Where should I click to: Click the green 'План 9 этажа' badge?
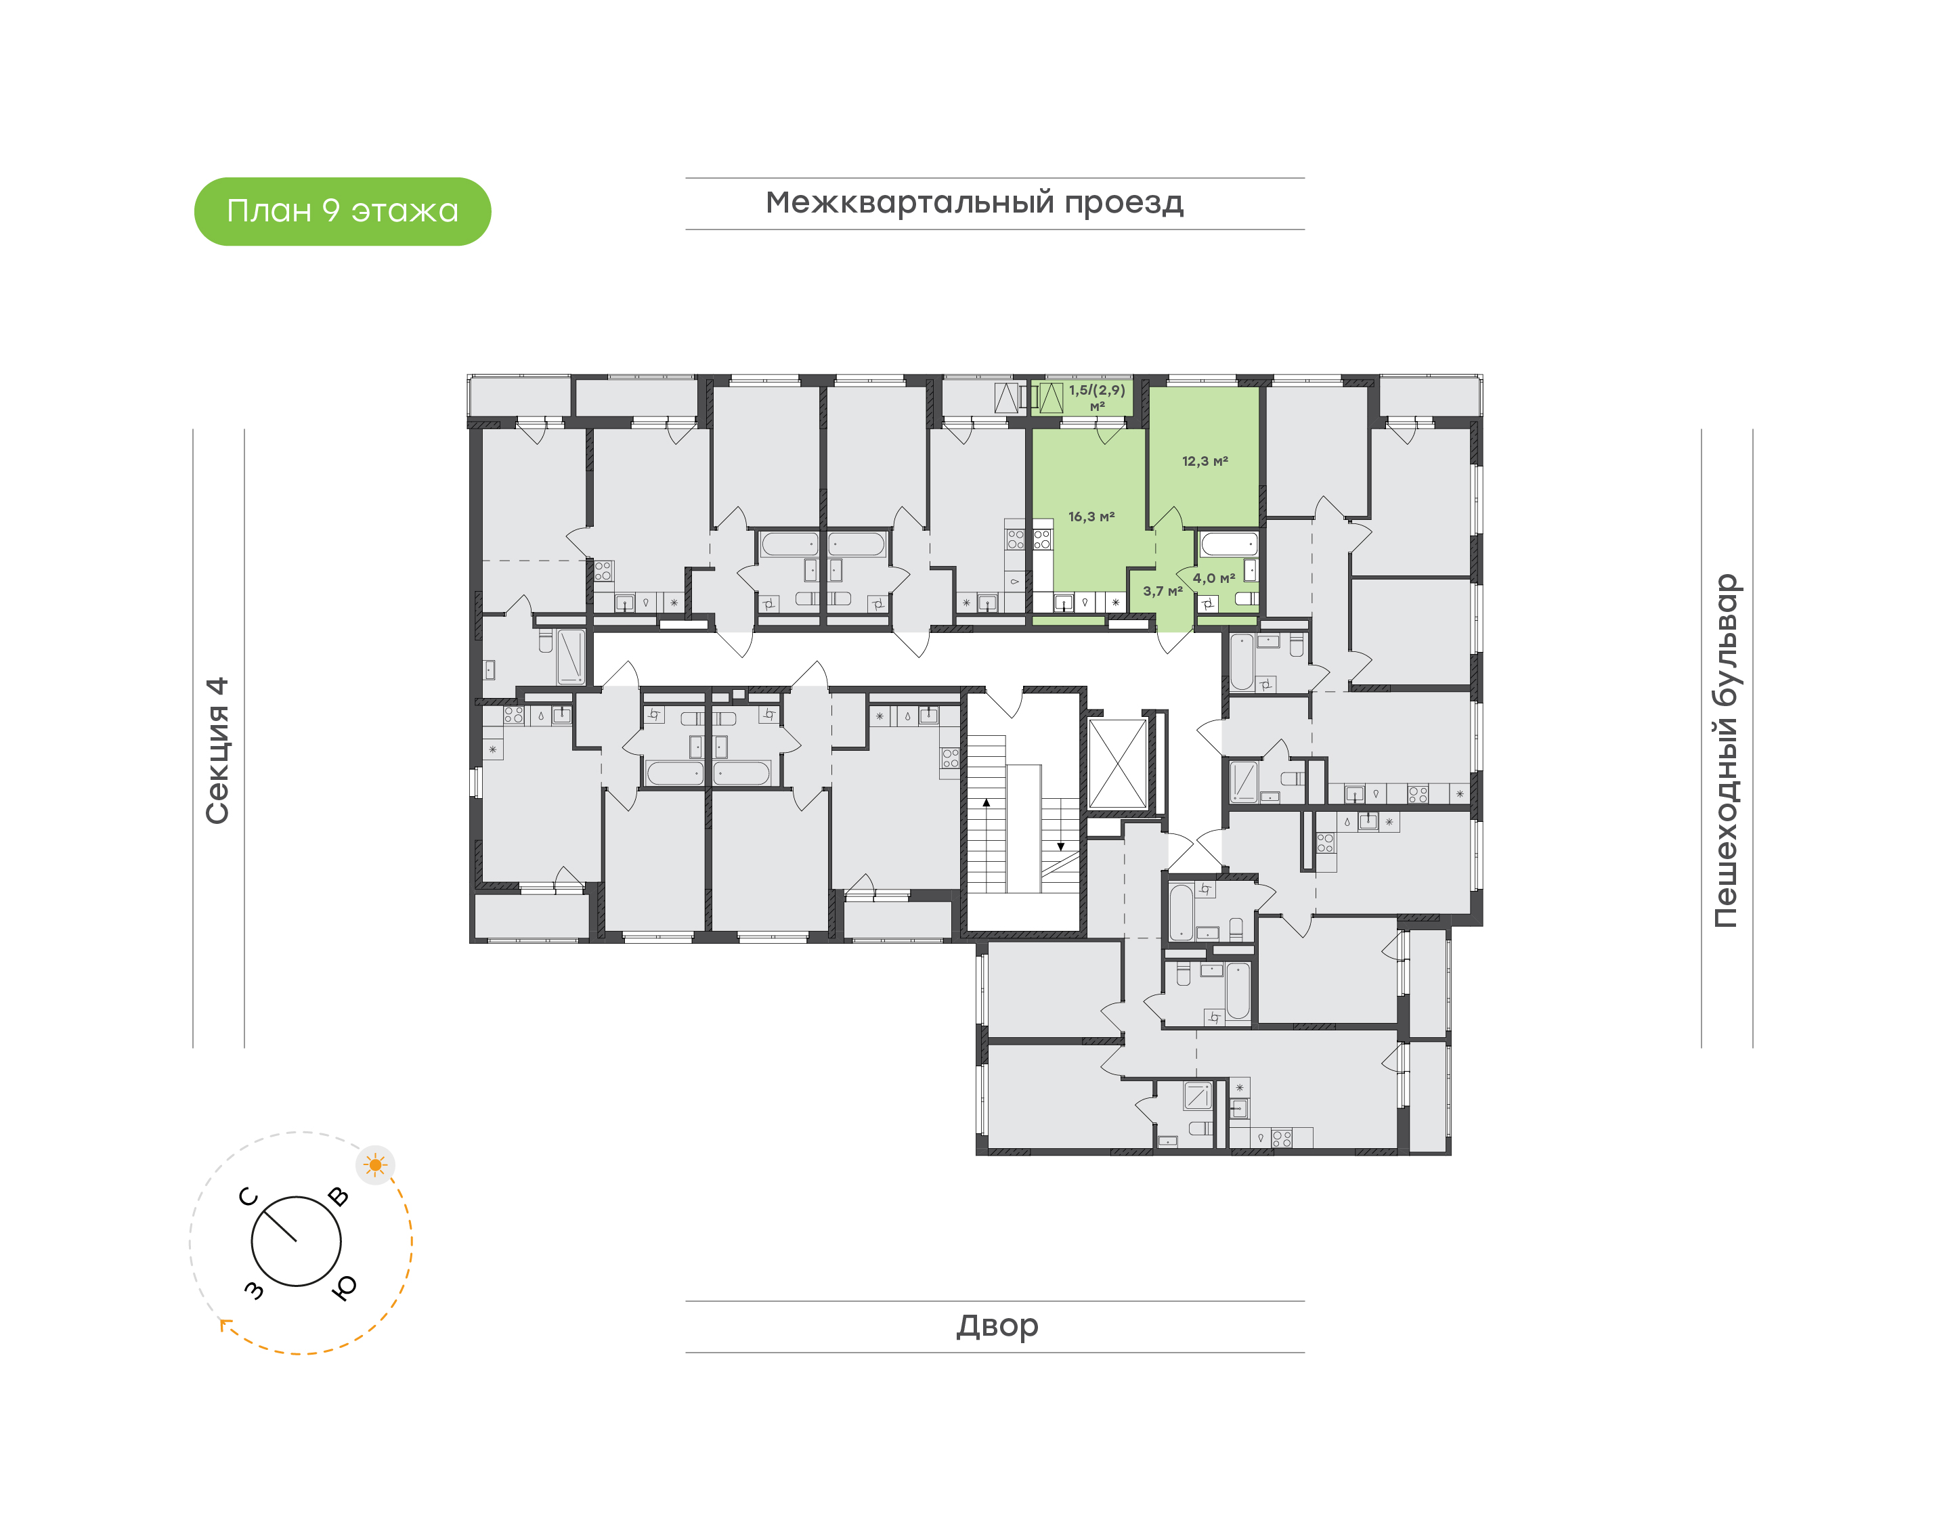coord(342,211)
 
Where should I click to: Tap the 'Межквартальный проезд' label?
coord(974,203)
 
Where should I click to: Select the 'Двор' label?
coord(997,1326)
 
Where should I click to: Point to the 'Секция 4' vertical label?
coord(217,750)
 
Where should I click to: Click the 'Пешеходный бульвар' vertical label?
coord(1725,751)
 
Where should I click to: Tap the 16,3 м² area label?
coord(1091,517)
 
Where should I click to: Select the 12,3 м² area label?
coord(1205,461)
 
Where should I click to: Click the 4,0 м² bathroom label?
coord(1214,579)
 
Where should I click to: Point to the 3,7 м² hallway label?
coord(1163,591)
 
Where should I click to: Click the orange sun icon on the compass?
coord(375,1164)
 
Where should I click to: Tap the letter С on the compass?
coord(249,1197)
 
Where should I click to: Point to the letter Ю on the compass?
coord(344,1287)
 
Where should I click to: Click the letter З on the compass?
coord(255,1289)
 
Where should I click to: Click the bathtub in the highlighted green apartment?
coord(1229,544)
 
